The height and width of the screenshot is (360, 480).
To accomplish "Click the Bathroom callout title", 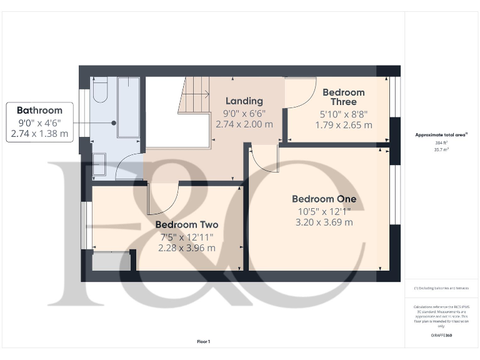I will [39, 111].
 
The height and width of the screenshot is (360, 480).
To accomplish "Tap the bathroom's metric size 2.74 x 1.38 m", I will [39, 133].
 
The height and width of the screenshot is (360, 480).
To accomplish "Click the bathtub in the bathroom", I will [129, 106].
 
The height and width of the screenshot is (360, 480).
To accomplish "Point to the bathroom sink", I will [99, 166].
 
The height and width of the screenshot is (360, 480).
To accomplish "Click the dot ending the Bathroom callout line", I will [114, 123].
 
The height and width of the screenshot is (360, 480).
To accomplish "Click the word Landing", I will [244, 101].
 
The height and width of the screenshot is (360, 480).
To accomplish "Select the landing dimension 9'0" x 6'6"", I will [244, 113].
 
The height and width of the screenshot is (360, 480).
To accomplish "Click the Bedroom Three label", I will [343, 97].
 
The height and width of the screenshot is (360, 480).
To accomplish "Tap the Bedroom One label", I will [324, 199].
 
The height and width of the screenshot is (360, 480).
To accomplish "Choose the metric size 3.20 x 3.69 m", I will [324, 222].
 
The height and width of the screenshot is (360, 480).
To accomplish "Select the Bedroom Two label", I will [186, 224].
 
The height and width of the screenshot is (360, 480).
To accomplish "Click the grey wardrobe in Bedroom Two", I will [112, 261].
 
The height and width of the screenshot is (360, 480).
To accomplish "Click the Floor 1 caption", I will [204, 341].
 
